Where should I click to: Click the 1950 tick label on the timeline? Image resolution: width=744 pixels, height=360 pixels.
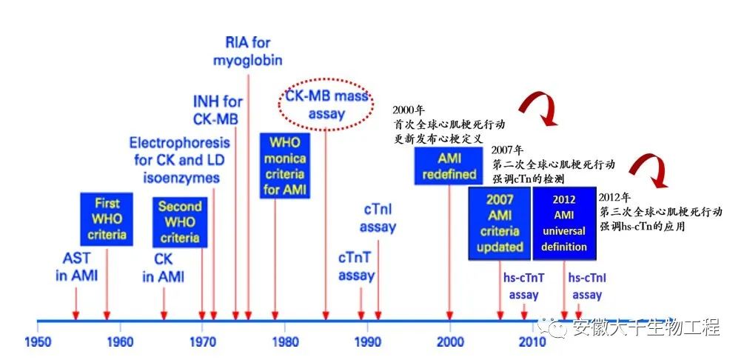coord(38,342)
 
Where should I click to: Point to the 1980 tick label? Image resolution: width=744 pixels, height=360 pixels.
coord(285,342)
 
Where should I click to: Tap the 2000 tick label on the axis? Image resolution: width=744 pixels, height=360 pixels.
coord(450,342)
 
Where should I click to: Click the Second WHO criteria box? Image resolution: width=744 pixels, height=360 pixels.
coord(180,221)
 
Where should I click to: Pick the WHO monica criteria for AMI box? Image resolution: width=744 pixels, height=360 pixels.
coord(285,166)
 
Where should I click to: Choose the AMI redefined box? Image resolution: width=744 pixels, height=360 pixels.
coord(449,166)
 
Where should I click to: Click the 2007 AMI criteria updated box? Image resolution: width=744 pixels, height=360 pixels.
coord(500,223)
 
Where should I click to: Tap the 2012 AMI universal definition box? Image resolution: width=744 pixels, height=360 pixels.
coord(563,223)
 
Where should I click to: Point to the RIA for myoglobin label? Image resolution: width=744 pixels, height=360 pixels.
coord(248,51)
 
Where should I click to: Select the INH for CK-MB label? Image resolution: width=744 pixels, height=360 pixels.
coord(217,110)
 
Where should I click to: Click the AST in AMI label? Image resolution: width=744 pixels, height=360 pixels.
coord(76,267)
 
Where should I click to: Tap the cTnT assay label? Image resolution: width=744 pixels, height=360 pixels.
coord(356,267)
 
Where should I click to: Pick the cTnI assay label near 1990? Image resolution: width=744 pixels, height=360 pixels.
coord(378,219)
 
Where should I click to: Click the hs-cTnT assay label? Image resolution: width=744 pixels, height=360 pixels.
coord(524,287)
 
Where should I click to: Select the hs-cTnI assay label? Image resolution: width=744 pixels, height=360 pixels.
coord(587,287)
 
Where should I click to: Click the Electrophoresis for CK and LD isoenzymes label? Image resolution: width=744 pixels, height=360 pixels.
coord(179,160)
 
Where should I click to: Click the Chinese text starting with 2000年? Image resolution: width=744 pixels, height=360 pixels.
coord(449,124)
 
